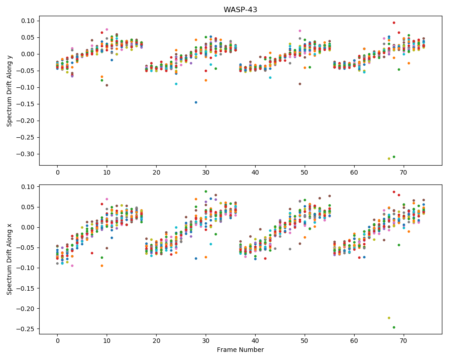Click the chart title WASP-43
click(240, 9)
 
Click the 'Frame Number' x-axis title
click(240, 350)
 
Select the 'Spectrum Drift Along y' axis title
click(9, 91)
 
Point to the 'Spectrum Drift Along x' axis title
click(9, 259)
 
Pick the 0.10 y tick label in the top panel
click(28, 21)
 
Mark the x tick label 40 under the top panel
click(255, 172)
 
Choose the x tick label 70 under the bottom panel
click(404, 341)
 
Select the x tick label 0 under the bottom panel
click(58, 341)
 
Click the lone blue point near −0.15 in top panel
click(196, 102)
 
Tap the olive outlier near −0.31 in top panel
click(389, 158)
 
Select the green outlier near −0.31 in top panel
click(394, 157)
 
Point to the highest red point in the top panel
click(394, 22)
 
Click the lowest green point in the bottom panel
click(394, 327)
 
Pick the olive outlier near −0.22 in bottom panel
click(389, 318)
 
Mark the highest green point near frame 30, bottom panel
click(206, 192)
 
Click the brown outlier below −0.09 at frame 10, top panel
click(107, 85)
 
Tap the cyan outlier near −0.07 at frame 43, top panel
click(270, 77)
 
